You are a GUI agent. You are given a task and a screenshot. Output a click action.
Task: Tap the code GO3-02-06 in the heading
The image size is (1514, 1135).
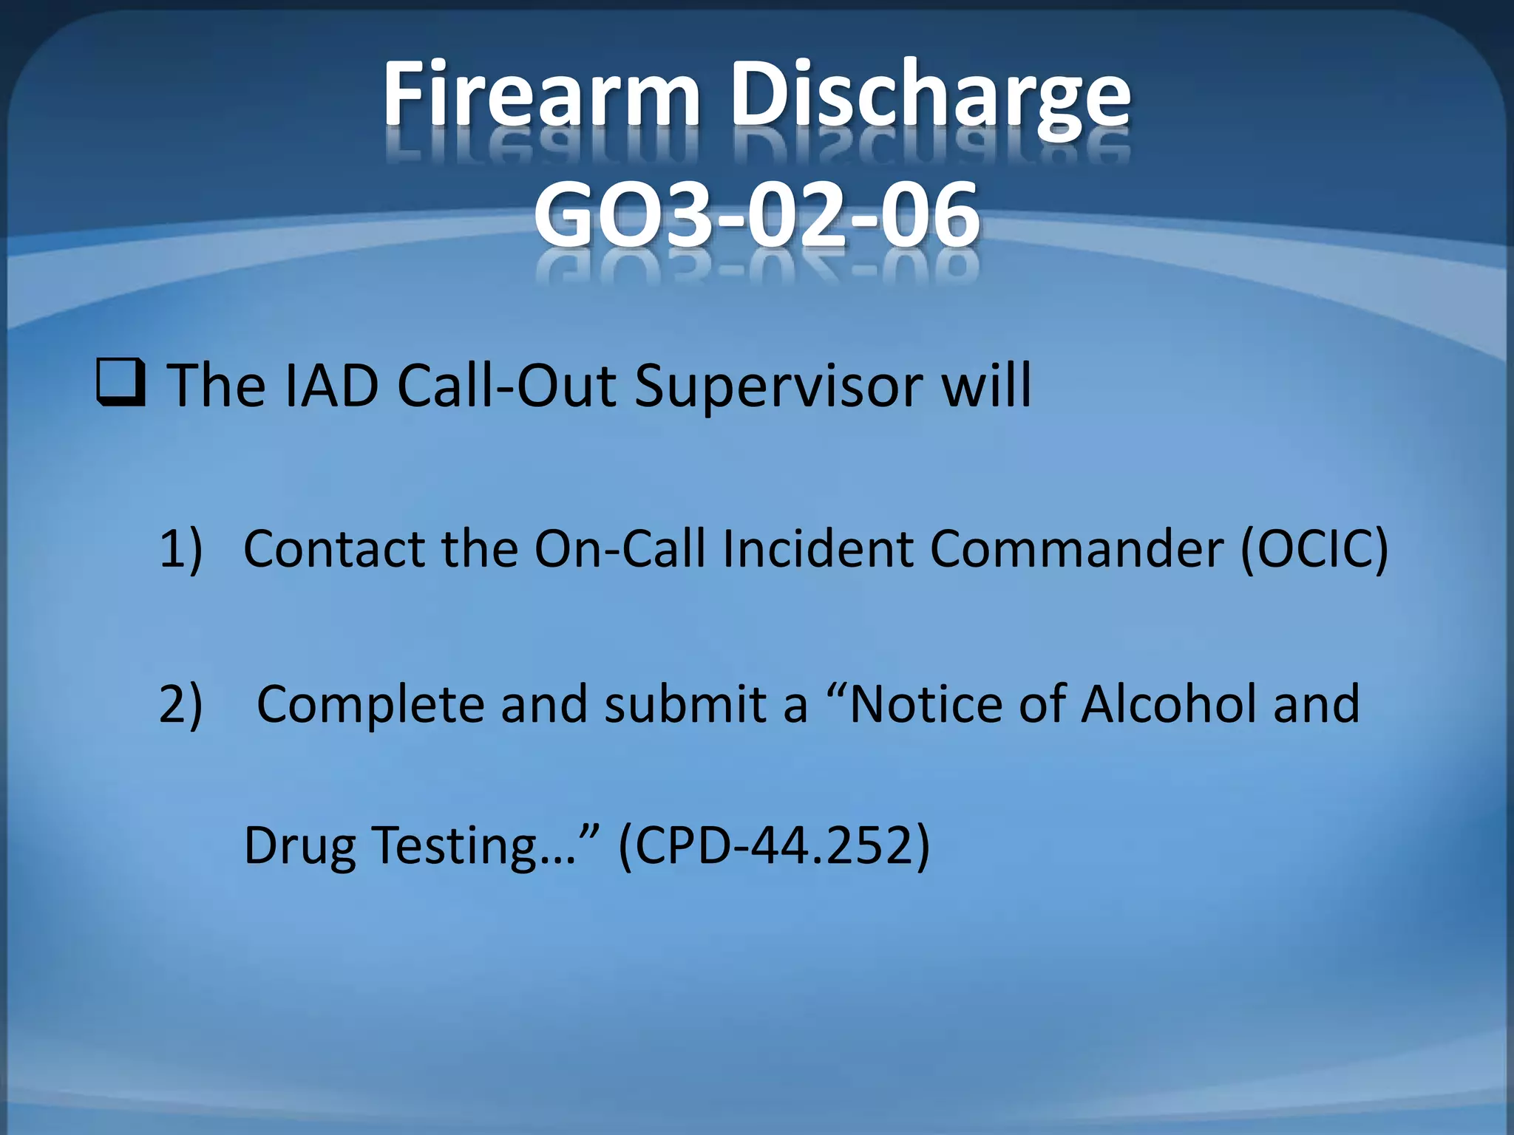tap(756, 216)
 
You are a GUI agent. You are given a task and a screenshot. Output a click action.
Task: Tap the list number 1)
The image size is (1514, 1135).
tap(180, 549)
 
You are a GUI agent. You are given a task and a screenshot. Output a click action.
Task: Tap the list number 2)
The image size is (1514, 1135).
tap(180, 704)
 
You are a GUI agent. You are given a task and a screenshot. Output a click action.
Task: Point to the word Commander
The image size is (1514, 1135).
tap(1076, 549)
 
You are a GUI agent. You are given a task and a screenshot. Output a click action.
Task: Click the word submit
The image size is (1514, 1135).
tap(685, 704)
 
